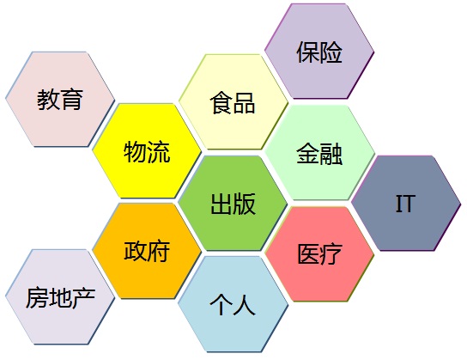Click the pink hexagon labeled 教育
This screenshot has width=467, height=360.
(60, 100)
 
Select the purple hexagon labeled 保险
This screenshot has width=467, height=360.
(319, 51)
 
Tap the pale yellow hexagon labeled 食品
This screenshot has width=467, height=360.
(233, 101)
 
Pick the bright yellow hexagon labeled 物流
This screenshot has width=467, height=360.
(147, 151)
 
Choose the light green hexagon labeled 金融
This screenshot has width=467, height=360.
(319, 152)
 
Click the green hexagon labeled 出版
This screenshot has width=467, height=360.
(233, 203)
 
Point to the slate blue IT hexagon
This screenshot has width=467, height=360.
(406, 203)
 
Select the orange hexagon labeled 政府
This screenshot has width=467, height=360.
(147, 251)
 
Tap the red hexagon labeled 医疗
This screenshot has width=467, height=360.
(319, 254)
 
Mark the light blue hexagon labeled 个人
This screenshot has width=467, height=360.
(233, 304)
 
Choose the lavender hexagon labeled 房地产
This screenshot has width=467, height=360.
(60, 296)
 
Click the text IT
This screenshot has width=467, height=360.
(406, 204)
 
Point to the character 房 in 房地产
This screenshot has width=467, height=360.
(37, 298)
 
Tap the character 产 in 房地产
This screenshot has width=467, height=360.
(83, 298)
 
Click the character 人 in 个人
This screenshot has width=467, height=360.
(245, 304)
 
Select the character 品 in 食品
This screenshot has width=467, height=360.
(244, 103)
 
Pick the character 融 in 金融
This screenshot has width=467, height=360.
(331, 154)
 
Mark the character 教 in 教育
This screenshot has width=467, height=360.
(48, 100)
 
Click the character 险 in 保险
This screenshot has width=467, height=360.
(331, 52)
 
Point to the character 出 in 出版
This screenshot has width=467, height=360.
(221, 204)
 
